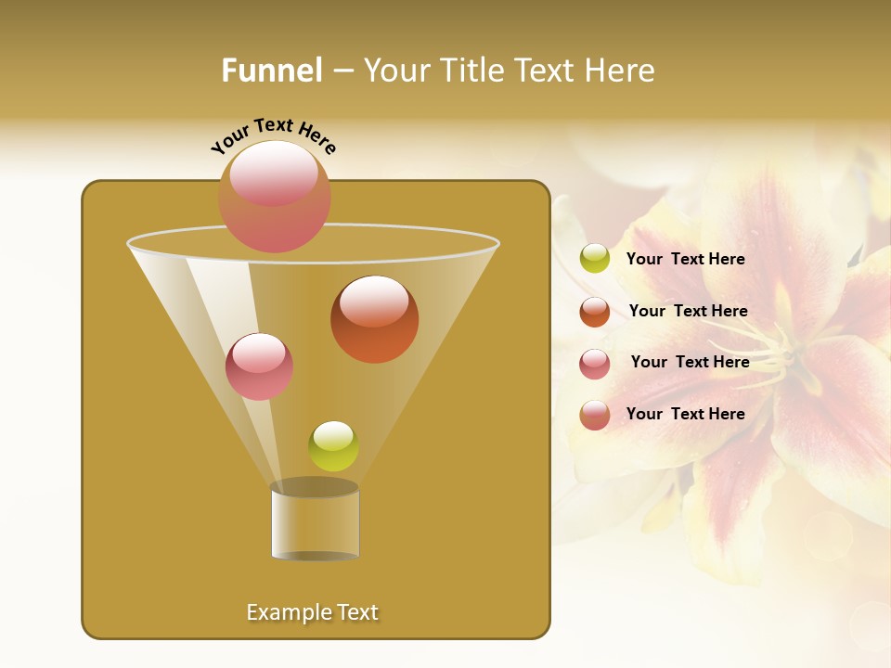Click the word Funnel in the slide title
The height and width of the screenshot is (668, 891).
click(x=272, y=71)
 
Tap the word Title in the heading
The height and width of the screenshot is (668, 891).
click(x=471, y=71)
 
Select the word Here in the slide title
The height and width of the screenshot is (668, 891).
click(x=622, y=71)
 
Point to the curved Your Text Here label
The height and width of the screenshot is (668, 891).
click(x=274, y=135)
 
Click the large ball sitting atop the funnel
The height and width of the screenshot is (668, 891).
click(x=274, y=196)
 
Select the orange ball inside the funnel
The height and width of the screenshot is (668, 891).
click(x=374, y=319)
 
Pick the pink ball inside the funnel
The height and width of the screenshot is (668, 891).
click(x=259, y=366)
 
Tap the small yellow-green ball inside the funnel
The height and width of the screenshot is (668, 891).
click(x=333, y=446)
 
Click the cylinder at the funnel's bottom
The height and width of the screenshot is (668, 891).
click(x=315, y=521)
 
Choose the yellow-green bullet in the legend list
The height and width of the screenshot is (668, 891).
click(x=595, y=259)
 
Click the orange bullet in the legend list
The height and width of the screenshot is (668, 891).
click(x=595, y=312)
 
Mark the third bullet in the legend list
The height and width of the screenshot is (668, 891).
click(x=595, y=364)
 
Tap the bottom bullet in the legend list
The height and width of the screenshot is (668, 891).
click(x=595, y=415)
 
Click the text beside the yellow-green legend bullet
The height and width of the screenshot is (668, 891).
click(x=685, y=259)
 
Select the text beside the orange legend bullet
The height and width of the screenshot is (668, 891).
click(x=688, y=311)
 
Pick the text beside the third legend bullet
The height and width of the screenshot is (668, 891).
click(x=690, y=362)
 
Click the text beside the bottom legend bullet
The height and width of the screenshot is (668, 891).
click(x=685, y=414)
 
